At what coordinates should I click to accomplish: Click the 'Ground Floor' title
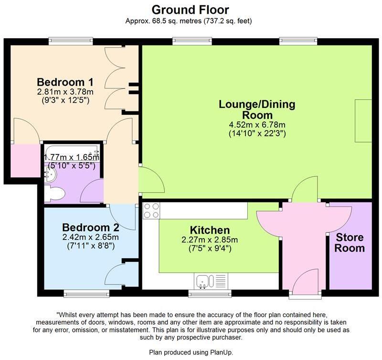pos(191,9)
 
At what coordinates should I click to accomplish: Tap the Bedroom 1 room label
pos(65,81)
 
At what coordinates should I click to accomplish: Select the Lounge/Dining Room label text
pos(257,109)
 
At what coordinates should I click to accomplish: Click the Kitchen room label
pos(210,230)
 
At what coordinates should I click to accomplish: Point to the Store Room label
pos(350,243)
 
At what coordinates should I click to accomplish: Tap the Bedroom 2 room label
pos(90,227)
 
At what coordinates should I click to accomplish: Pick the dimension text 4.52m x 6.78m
pos(257,125)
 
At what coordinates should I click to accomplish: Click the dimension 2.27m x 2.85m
pos(210,240)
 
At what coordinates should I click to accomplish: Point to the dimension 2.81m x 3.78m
pos(65,91)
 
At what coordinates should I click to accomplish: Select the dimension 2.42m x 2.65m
pos(90,237)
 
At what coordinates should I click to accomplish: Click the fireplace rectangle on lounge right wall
pos(363,120)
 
